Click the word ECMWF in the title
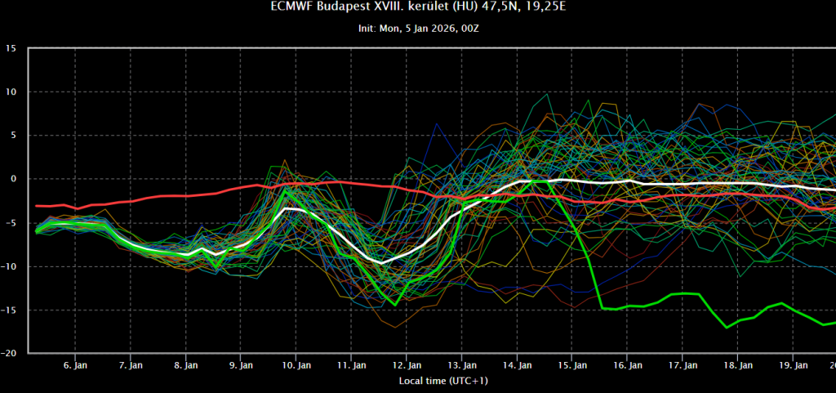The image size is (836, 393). [292, 7]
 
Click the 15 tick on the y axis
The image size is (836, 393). [11, 48]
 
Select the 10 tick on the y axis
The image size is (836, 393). [11, 92]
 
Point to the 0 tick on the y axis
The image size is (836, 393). [15, 179]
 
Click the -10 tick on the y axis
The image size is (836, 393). [10, 266]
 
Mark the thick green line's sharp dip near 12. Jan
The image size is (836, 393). [395, 305]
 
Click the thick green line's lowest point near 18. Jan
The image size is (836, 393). [726, 328]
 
